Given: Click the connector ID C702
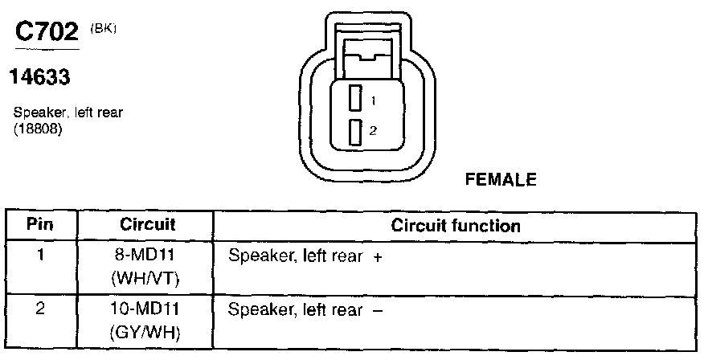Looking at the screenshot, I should point(46,33).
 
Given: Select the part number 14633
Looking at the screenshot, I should point(39,77).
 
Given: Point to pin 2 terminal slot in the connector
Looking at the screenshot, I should point(354,130).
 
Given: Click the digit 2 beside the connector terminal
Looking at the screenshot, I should point(373,129).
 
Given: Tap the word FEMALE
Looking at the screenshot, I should point(500,180).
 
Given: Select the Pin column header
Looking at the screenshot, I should point(42,225).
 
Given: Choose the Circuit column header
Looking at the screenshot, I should point(147,225).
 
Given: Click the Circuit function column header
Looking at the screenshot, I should point(455,226).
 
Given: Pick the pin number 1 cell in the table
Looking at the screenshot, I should point(42,257).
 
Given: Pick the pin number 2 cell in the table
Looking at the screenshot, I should point(42,309).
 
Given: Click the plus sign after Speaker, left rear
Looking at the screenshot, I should point(377,257).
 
